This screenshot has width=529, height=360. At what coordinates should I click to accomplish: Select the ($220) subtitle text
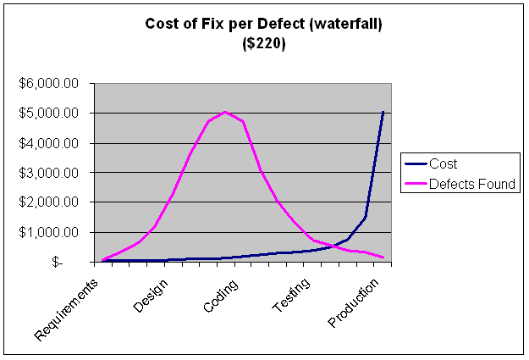pyautogui.click(x=264, y=44)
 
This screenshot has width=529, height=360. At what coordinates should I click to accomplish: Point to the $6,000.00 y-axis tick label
pyautogui.click(x=49, y=84)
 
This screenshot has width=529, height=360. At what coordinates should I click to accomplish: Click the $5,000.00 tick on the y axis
pyautogui.click(x=49, y=114)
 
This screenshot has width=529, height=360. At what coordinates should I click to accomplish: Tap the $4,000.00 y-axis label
pyautogui.click(x=49, y=143)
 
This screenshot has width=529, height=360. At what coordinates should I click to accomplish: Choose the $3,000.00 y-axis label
pyautogui.click(x=49, y=173)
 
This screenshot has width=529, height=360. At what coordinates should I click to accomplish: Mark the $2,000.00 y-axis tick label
pyautogui.click(x=49, y=202)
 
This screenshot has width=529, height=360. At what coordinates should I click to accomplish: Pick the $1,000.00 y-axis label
pyautogui.click(x=49, y=232)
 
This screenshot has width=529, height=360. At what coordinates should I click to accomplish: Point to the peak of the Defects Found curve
pyautogui.click(x=224, y=112)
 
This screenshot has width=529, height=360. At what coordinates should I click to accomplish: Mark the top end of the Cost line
pyautogui.click(x=383, y=112)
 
